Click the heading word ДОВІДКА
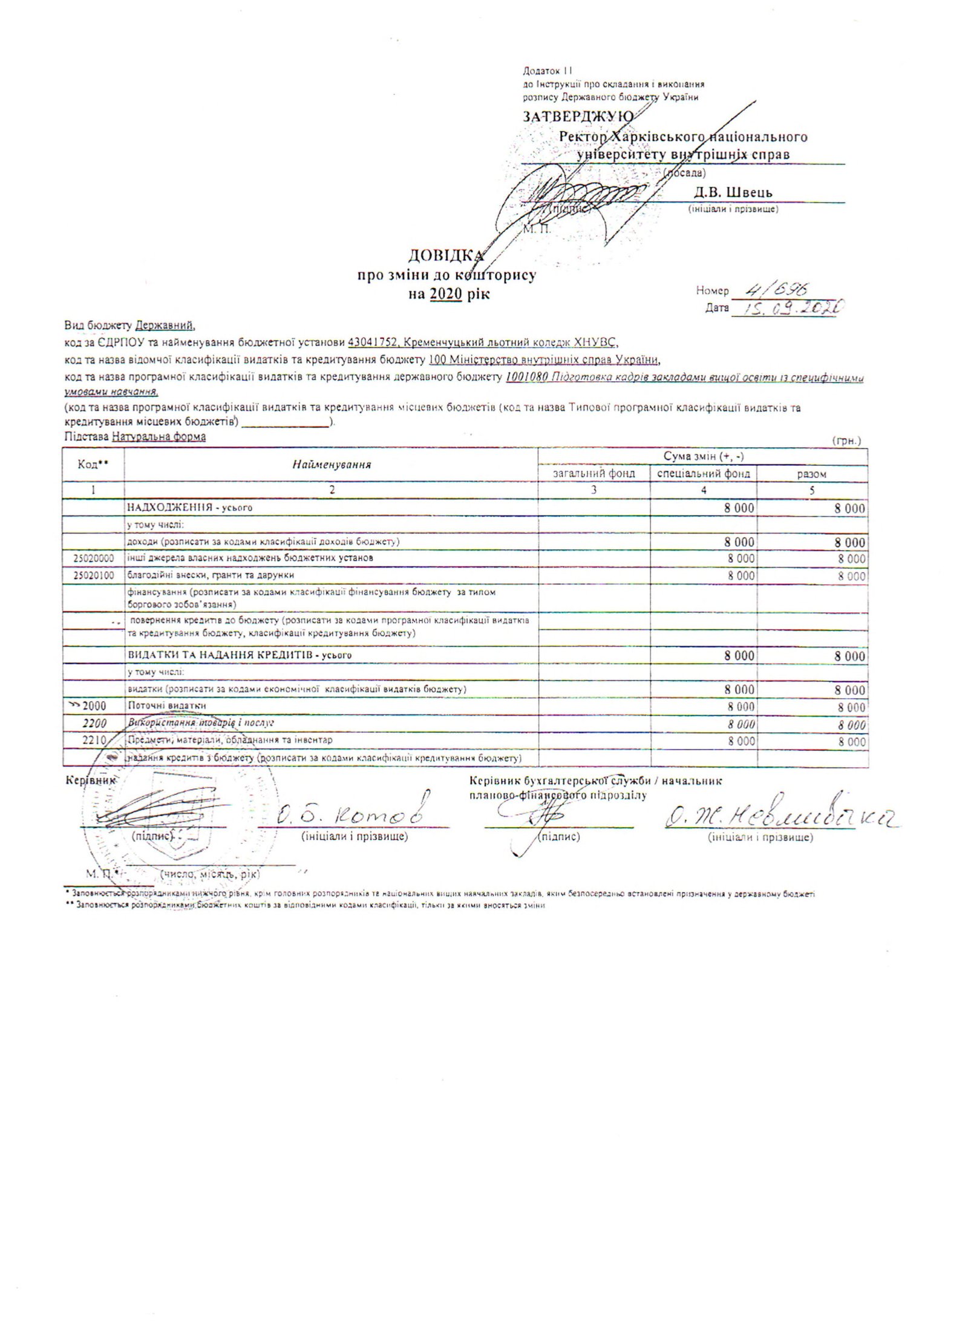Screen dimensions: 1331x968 446,255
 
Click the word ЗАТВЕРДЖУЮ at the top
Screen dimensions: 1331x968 578,116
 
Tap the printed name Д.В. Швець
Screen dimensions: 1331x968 733,192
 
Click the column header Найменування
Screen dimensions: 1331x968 331,465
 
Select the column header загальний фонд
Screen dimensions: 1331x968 594,473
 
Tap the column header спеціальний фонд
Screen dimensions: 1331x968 704,473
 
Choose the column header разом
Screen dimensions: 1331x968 812,474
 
